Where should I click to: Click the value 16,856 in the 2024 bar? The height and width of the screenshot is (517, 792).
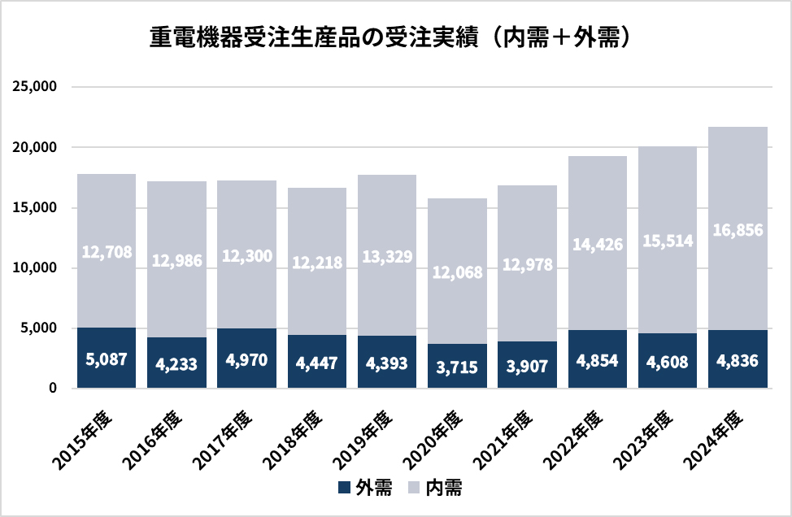pos(738,231)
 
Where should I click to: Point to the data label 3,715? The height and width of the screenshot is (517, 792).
pos(457,367)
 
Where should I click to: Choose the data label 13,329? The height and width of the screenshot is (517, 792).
pos(387,257)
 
